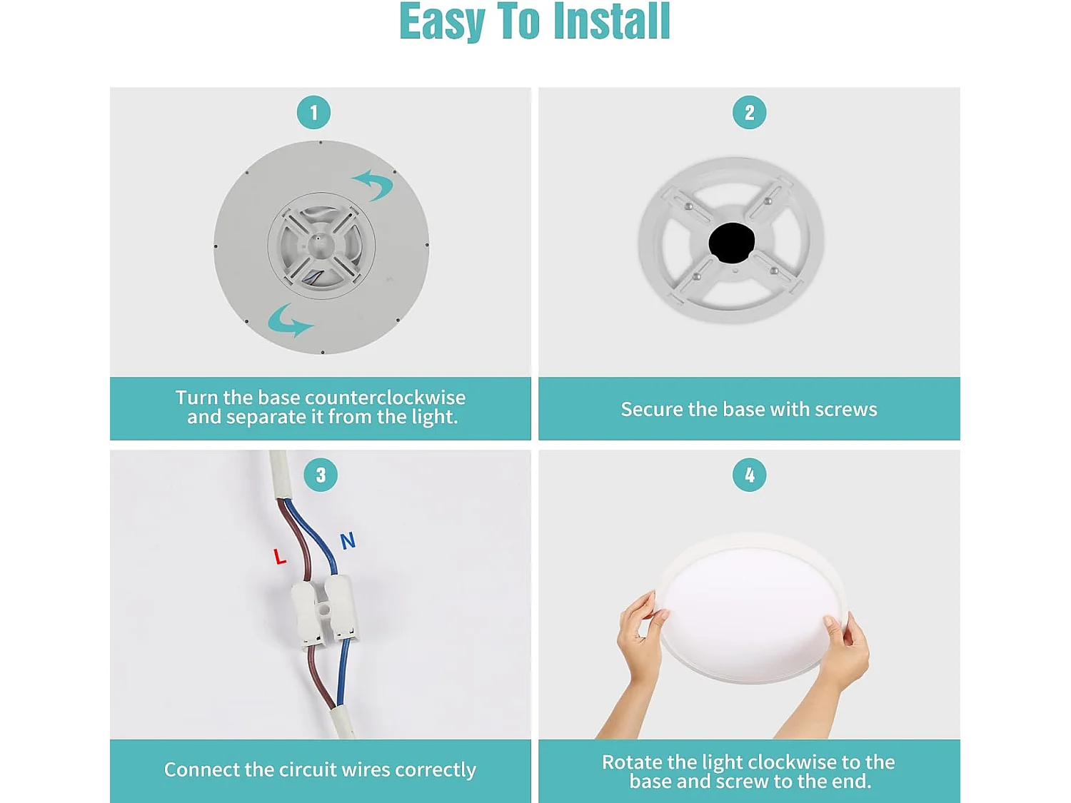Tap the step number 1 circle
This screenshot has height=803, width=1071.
point(313,113)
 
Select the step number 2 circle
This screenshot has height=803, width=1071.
point(750,113)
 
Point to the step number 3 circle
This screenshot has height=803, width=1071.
point(321,475)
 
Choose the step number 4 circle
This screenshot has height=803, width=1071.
point(750,475)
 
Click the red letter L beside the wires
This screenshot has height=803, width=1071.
point(280,557)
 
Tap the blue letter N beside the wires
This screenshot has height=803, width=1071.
point(348,541)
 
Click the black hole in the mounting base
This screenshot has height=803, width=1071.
point(731,242)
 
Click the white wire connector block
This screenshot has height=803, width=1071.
point(323,612)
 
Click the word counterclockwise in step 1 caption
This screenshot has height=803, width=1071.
point(386,398)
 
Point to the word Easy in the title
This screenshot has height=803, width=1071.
point(441,22)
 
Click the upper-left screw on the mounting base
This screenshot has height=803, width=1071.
point(688,206)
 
